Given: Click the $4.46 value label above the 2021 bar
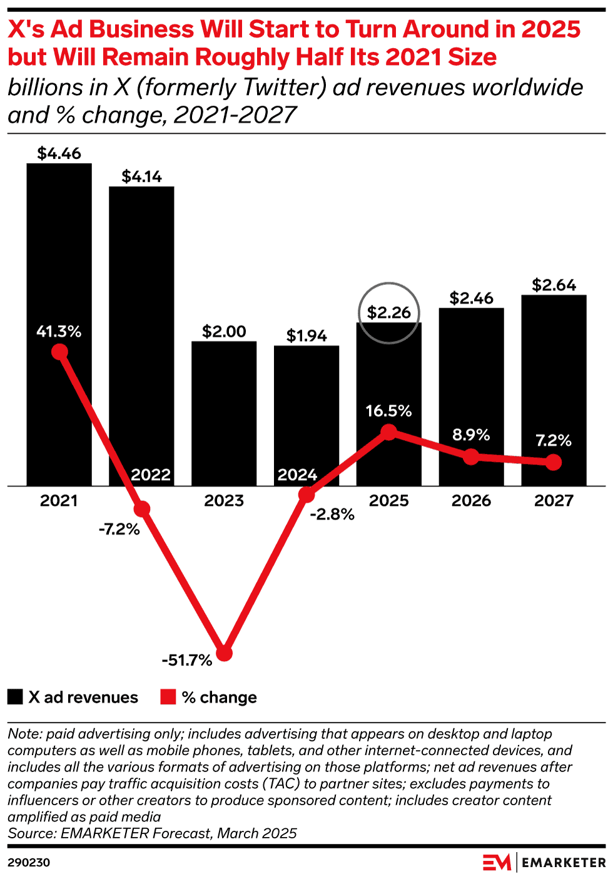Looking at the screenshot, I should coord(59,153).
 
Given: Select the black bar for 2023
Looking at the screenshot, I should coord(224,413).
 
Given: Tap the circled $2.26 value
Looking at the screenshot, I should coord(388,312).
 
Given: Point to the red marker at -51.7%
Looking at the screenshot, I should coord(224,653).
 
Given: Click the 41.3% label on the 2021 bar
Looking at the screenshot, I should coord(59,331).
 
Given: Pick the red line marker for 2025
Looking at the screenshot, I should coord(388,432).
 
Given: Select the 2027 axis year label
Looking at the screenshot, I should coord(554,501).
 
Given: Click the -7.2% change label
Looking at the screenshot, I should coord(119,529).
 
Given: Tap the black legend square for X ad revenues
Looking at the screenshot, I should coord(15,697).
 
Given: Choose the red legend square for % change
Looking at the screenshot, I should coord(168,697).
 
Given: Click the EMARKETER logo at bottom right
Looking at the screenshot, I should coord(544,862).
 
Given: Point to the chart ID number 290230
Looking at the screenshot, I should coord(29,862).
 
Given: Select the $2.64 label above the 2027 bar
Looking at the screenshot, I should coord(554,285).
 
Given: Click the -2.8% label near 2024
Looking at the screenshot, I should coord(332,514).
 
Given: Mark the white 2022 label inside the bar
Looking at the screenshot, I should coord(151,475).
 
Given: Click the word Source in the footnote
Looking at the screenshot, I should coord(31,833).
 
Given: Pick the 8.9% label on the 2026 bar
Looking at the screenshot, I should coord(471,434).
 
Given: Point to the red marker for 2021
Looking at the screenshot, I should coord(59,352).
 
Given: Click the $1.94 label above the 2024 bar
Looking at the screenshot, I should coord(306,336).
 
